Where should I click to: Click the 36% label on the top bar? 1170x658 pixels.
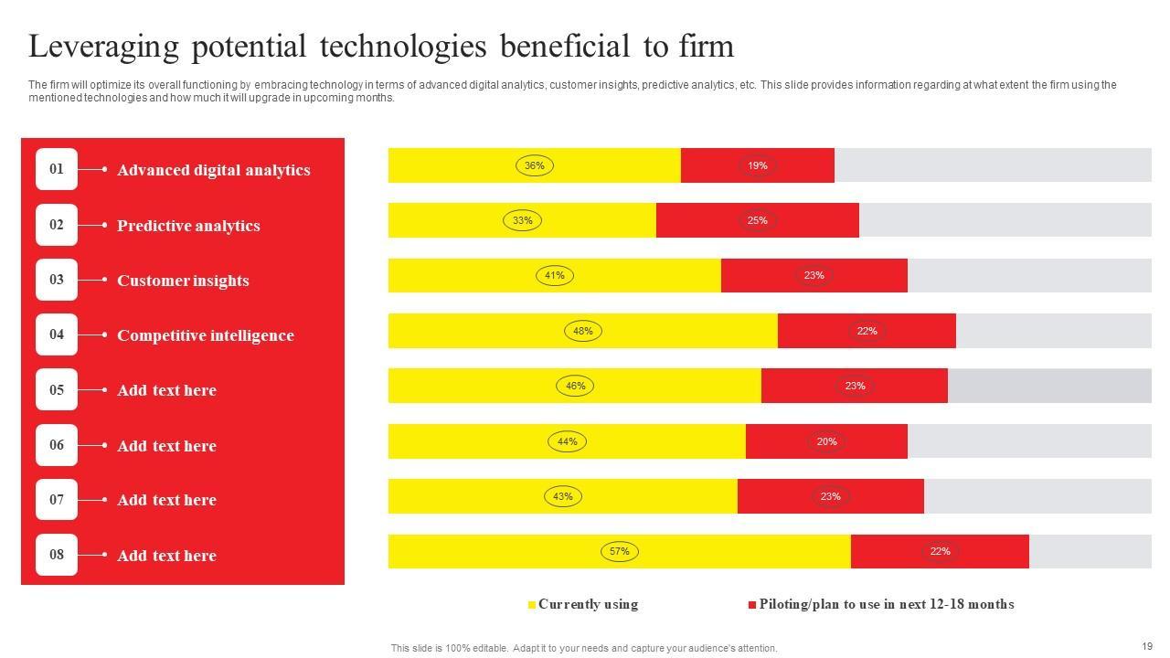[x=535, y=165]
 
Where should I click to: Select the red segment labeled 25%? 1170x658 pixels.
[x=757, y=220]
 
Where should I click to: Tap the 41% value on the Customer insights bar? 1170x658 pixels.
[x=555, y=275]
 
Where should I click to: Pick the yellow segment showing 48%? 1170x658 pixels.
[x=583, y=331]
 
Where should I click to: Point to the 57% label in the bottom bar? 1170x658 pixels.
[x=620, y=551]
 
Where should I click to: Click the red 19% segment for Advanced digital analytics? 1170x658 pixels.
[x=757, y=165]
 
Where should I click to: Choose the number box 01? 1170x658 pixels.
[x=57, y=169]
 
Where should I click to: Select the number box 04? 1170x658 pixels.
[x=57, y=334]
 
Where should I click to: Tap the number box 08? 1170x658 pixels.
[x=57, y=555]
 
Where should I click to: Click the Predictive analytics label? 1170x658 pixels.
[x=188, y=226]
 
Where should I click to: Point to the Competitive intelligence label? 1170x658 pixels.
[x=206, y=335]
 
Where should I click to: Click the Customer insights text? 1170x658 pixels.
[x=183, y=281]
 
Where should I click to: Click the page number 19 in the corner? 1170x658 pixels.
[x=1147, y=645]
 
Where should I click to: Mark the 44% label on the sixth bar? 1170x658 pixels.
[x=568, y=441]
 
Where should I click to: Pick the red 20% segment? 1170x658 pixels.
[x=826, y=441]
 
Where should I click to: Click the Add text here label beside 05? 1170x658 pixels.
[x=166, y=390]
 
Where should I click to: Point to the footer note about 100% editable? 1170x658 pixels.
[x=584, y=648]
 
